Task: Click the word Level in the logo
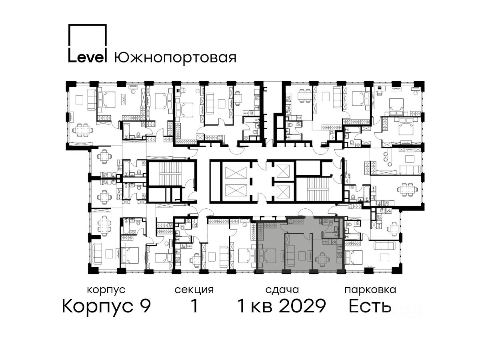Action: (x=88, y=57)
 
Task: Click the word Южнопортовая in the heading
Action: (x=175, y=58)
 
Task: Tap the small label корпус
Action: (x=106, y=290)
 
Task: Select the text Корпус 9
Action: (x=106, y=306)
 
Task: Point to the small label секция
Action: (x=194, y=290)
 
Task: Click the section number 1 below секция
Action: (x=194, y=306)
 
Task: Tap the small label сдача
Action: (x=282, y=290)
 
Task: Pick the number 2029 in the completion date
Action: (x=302, y=306)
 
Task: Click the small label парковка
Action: (x=370, y=290)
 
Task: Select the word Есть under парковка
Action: (x=370, y=306)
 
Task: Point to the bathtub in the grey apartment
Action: (x=331, y=235)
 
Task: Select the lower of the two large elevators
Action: (x=236, y=191)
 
